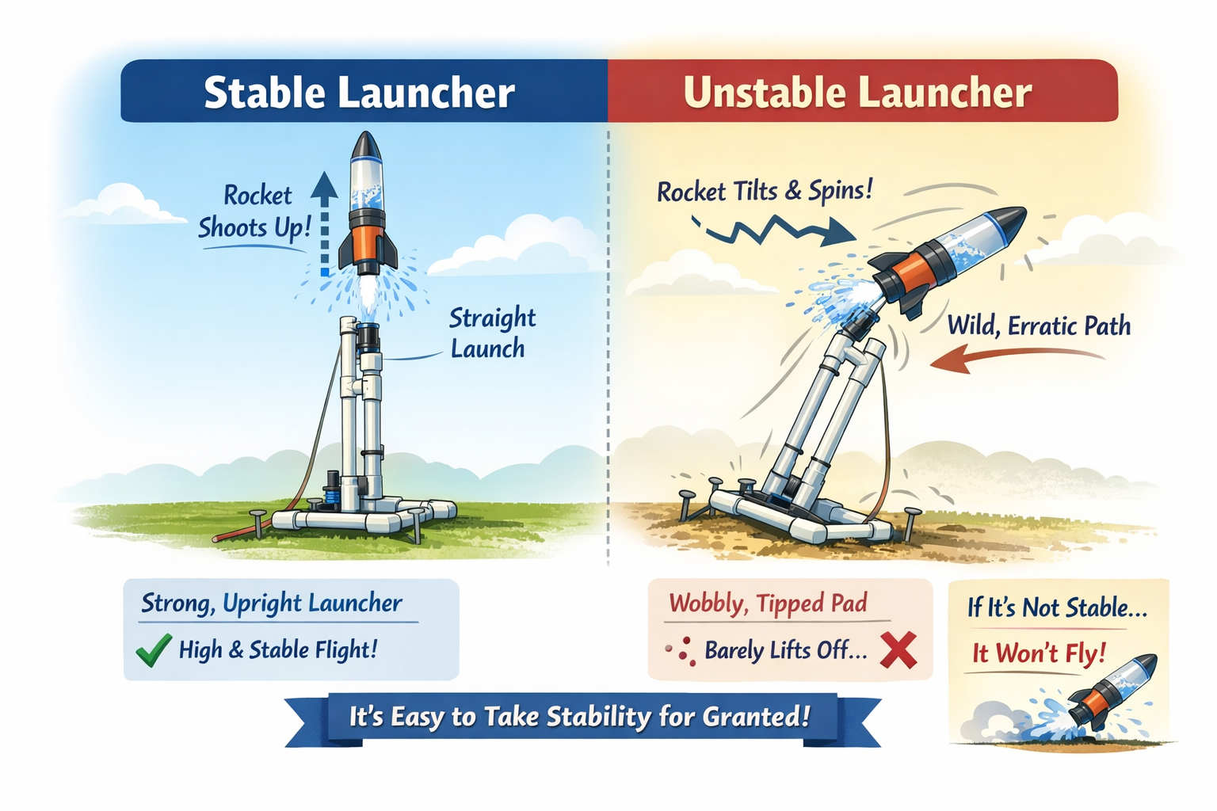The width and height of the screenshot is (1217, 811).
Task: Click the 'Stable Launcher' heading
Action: coord(359,92)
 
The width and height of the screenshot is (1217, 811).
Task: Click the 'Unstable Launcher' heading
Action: coord(857,92)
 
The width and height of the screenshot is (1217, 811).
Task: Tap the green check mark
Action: coord(153,650)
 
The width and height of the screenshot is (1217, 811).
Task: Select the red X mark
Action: coord(898,650)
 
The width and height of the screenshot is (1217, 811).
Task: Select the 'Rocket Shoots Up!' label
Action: coord(255,211)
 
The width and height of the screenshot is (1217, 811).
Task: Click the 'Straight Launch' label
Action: coord(491,333)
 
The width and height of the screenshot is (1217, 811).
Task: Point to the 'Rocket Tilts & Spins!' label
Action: coord(765,191)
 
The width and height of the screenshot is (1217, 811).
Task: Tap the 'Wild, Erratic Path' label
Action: coord(1039,326)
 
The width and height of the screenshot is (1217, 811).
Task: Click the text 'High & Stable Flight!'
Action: coord(277,650)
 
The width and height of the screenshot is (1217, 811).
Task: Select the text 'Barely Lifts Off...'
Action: coord(785,651)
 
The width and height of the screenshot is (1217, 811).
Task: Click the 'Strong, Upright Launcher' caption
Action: coord(272,603)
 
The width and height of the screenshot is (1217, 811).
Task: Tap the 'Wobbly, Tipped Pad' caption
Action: coord(768,603)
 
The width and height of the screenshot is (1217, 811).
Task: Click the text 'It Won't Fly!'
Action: coord(1039,653)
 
